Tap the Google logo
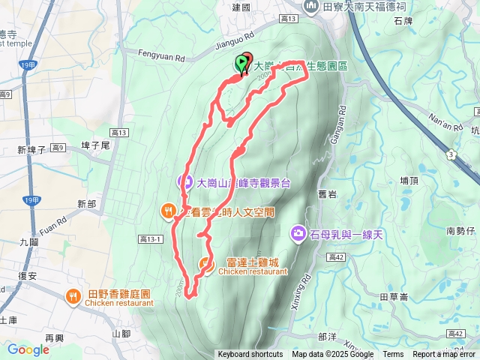pyautogui.click(x=28, y=349)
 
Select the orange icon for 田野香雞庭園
pyautogui.click(x=73, y=296)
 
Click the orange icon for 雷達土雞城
pyautogui.click(x=205, y=263)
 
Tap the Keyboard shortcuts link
pyautogui.click(x=250, y=355)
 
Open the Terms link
pyautogui.click(x=393, y=355)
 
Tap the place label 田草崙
pyautogui.click(x=394, y=296)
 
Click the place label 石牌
pyautogui.click(x=424, y=22)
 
